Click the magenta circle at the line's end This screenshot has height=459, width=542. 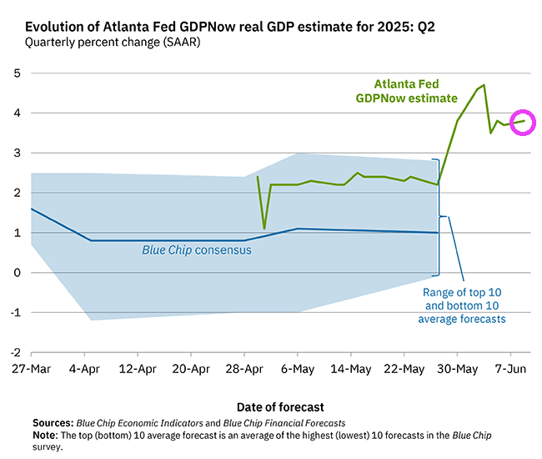coord(523,122)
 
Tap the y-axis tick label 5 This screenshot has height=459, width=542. coord(16,73)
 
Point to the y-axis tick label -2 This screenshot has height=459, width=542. coord(14,353)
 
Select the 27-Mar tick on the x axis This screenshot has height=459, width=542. coord(32,369)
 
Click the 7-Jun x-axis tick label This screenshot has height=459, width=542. coord(509,369)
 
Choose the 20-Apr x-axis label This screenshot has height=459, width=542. coord(191,369)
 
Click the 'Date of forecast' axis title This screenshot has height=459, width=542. coord(280,406)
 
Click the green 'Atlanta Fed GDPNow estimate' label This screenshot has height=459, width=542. coord(406,91)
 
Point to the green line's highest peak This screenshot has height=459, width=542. coord(484,85)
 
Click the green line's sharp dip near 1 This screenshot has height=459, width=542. coord(264,229)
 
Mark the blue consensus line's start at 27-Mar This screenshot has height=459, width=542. coord(32,209)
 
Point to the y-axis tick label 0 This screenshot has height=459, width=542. coord(16,273)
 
